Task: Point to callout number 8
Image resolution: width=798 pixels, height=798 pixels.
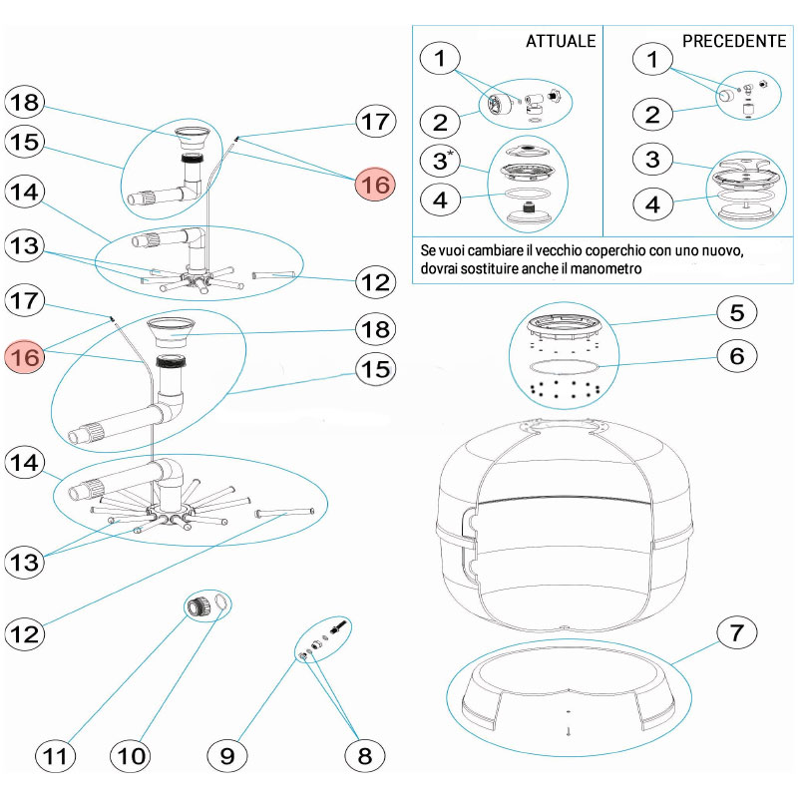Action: tap(364, 755)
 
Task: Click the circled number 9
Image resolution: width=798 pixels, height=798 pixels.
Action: tap(227, 755)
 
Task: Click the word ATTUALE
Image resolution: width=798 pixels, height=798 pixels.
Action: tap(561, 41)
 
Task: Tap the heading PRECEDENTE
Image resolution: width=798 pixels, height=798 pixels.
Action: tap(733, 41)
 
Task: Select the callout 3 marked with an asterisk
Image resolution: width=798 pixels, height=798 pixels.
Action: tap(440, 160)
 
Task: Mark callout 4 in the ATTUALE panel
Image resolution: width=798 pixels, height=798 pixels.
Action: tap(440, 199)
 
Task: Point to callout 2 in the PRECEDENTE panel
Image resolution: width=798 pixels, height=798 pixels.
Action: tap(651, 113)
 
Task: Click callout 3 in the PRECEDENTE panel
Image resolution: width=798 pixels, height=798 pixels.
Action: tap(651, 160)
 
